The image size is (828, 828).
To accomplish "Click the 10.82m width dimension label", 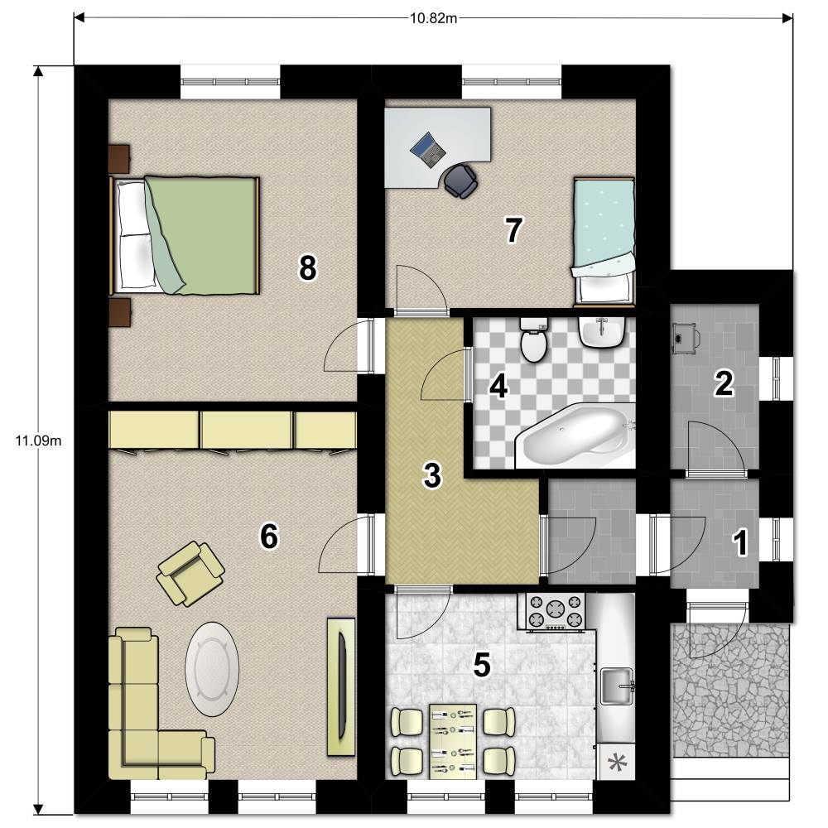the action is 433,18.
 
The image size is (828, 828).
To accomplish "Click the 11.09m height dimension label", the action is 38,440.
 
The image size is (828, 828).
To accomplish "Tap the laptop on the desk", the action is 428,149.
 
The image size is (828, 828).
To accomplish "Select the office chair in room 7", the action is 460,181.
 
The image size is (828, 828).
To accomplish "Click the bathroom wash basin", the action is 602,331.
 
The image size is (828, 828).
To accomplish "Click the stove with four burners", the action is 556,612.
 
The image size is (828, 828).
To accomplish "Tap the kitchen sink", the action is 617,686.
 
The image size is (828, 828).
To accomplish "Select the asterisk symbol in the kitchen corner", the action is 615,762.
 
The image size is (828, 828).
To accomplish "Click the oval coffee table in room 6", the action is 212,668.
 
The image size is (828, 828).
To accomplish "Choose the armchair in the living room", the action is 190,574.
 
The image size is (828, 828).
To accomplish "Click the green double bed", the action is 185,235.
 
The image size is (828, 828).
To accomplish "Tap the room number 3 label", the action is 432,474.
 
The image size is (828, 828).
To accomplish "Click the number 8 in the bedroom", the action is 307,267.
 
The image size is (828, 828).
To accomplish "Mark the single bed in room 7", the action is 604,242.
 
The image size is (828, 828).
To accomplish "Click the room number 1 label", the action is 741,543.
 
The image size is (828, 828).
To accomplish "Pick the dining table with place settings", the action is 453,741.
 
